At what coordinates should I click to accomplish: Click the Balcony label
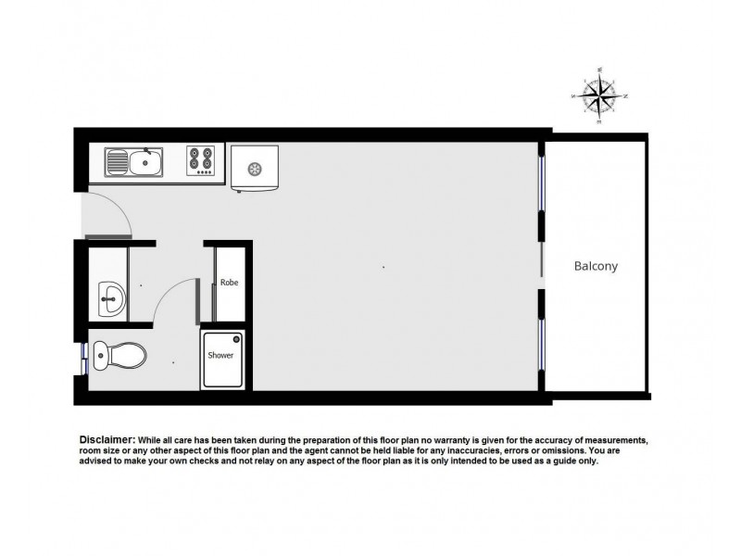tap(596, 266)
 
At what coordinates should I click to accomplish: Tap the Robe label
tap(230, 283)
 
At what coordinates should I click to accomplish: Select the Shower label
tap(220, 355)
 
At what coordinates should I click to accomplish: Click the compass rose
tap(600, 95)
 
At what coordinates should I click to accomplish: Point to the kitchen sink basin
tap(147, 164)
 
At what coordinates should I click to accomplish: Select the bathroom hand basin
tap(111, 298)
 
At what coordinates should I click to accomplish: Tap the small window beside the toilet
tap(85, 352)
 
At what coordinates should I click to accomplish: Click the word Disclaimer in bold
tap(107, 439)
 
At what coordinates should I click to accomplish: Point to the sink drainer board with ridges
tap(118, 163)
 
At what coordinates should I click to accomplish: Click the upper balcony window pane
tap(542, 183)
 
